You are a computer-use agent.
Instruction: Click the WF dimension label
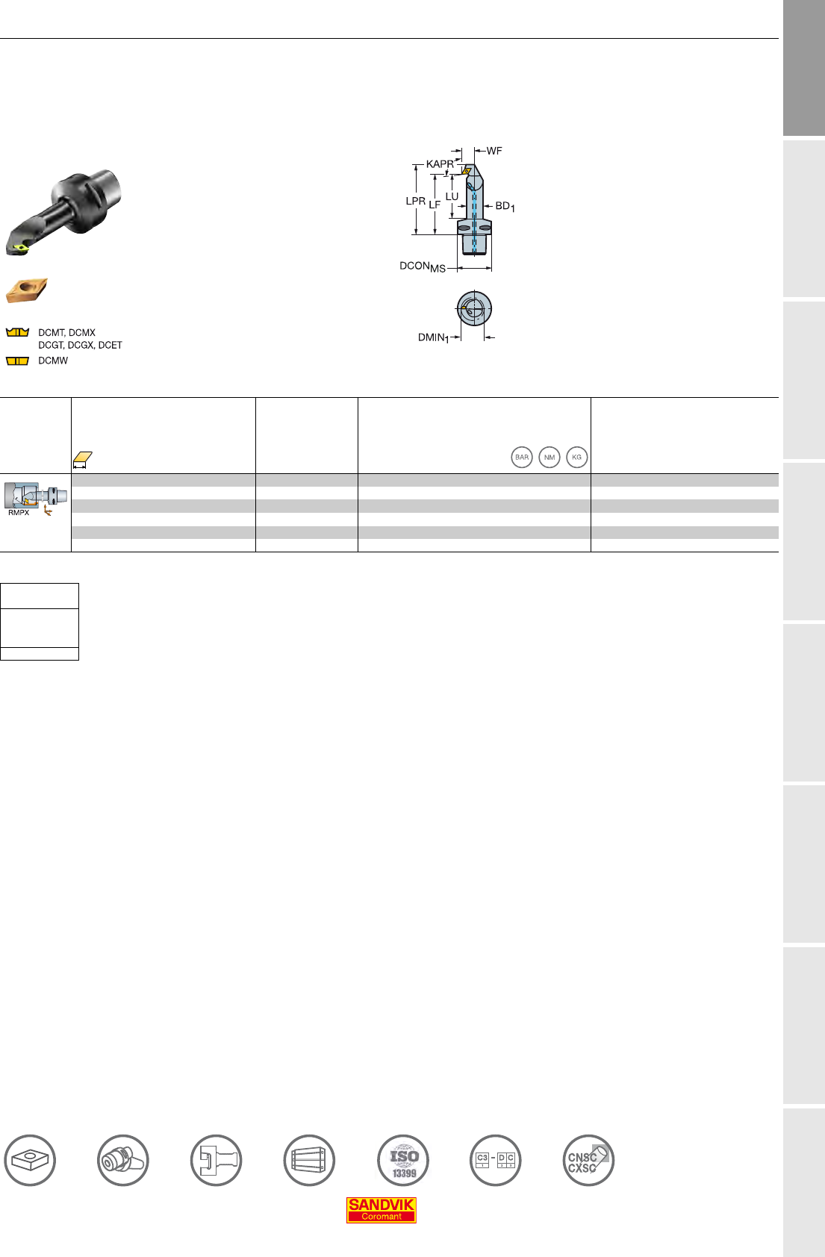pos(494,151)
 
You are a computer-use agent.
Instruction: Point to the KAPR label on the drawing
pos(440,164)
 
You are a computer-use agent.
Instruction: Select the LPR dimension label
pos(415,201)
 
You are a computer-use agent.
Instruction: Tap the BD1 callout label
pos(505,207)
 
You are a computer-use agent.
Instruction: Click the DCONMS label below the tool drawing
pos(423,266)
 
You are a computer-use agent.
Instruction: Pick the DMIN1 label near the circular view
pos(433,338)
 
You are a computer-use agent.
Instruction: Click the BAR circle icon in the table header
pos(522,458)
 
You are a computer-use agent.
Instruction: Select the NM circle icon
pos(550,458)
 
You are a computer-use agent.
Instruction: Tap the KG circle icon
pos(577,458)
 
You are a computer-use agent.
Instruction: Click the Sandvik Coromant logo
pos(382,1210)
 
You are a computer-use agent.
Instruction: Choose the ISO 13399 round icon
pos(403,1161)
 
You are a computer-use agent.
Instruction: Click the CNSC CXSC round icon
pos(589,1161)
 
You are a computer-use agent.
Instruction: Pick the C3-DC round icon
pos(496,1161)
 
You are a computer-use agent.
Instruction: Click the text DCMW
pos(53,361)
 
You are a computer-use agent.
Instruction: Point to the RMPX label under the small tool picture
pos(19,512)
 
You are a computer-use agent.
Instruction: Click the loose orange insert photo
pos(26,290)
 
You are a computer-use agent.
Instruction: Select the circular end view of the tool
pos(474,308)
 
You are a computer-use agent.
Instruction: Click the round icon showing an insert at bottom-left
pos(30,1161)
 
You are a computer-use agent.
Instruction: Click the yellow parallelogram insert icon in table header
pos(82,458)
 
